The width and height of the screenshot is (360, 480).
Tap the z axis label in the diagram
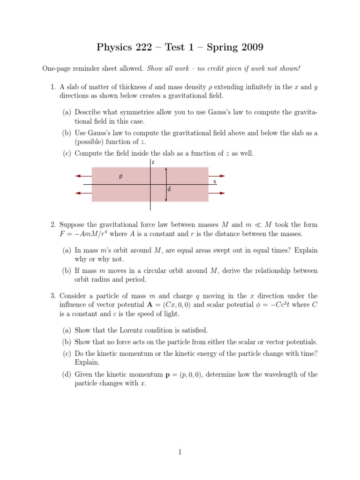tap(153, 162)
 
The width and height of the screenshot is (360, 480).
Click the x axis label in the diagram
tap(215, 181)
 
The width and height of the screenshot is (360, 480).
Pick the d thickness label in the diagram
tap(169, 189)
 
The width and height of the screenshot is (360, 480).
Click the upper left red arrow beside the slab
tap(83, 176)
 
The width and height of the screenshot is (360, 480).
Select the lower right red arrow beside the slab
tap(217, 193)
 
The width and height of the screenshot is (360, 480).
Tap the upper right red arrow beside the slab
tap(217, 176)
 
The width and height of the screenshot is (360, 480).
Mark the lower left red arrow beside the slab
tap(83, 193)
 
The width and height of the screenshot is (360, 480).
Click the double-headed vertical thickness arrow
tap(165, 184)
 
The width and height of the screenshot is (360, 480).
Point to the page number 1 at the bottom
tap(180, 452)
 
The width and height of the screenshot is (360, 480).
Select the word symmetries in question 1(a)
tap(132, 112)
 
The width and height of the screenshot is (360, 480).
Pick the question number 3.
tap(53, 296)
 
